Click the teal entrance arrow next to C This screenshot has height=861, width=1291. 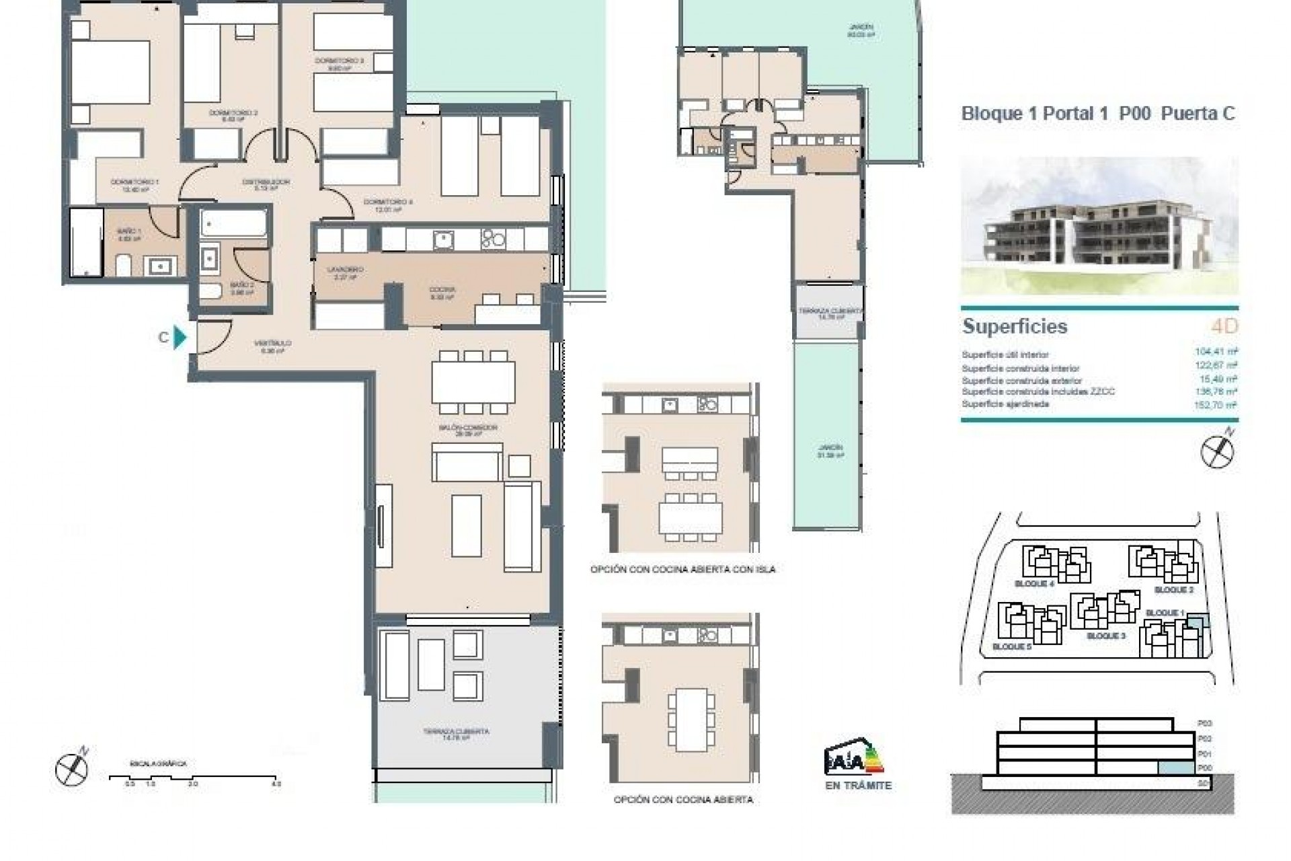(180, 337)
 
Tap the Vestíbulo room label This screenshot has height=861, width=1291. (272, 346)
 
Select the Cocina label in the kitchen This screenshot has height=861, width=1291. (442, 293)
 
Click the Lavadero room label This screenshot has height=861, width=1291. (341, 272)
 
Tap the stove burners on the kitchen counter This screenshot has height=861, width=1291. (494, 239)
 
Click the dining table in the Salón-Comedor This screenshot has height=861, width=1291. (473, 382)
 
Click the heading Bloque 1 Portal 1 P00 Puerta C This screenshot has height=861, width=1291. (1098, 114)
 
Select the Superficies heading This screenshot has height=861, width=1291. (1014, 327)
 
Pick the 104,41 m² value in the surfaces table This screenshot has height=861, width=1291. (1216, 351)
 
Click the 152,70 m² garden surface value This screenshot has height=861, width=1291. (1216, 405)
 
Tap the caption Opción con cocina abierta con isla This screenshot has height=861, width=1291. (682, 570)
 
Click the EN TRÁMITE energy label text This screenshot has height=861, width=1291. (857, 786)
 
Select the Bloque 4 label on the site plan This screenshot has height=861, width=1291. (1033, 584)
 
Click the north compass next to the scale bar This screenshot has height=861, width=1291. (72, 768)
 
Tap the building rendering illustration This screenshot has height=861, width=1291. (1099, 226)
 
